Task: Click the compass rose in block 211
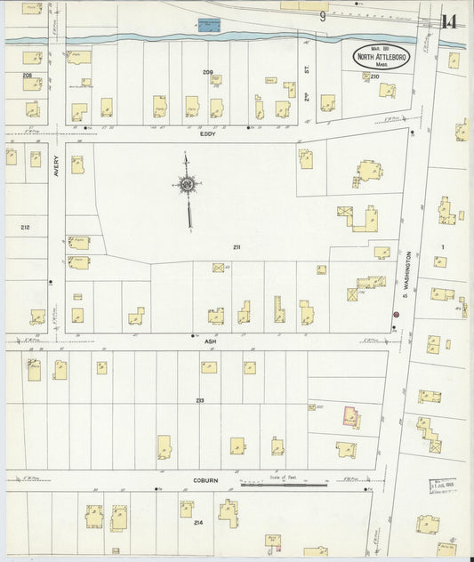point(188,185)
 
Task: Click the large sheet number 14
point(449,21)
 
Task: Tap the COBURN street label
point(205,480)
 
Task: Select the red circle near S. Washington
point(396,314)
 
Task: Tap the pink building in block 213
point(352,416)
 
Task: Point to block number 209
point(208,70)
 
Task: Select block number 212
point(25,228)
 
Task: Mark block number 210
point(374,76)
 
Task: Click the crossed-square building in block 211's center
point(218,267)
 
